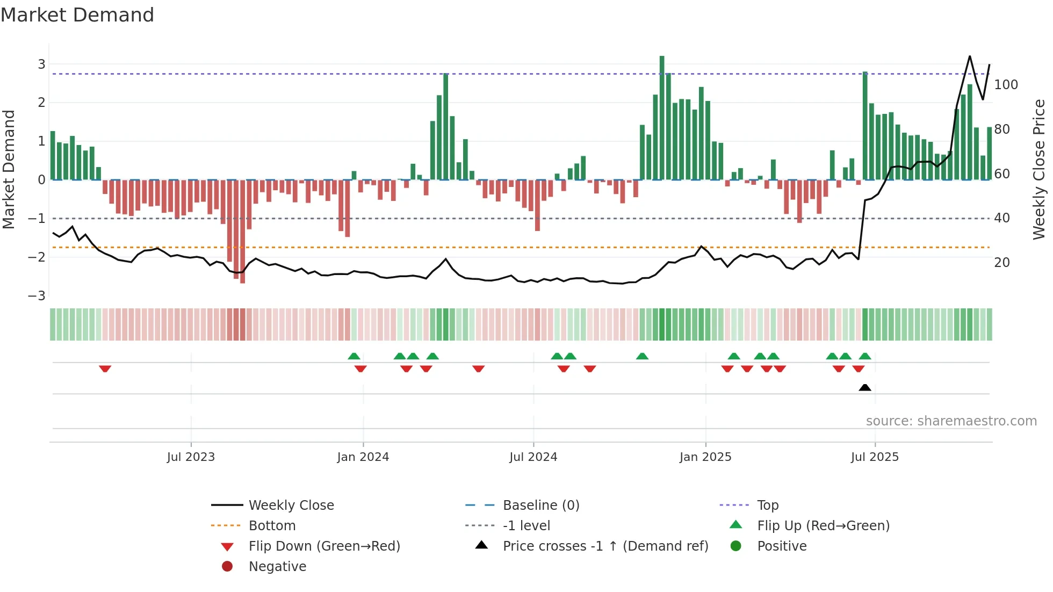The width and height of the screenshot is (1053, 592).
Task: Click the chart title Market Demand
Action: (x=77, y=15)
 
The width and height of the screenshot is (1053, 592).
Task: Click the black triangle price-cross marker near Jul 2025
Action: (x=864, y=387)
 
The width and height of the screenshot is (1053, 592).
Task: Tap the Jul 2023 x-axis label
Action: (x=191, y=457)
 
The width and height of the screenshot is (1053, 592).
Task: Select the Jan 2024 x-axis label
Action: (x=363, y=457)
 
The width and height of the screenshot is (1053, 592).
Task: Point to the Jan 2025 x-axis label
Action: (x=705, y=457)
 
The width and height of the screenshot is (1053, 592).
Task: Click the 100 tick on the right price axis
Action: (x=1006, y=85)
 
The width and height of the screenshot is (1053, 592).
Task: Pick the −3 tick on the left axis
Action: (x=37, y=295)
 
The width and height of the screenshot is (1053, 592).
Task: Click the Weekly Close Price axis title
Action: (x=1039, y=169)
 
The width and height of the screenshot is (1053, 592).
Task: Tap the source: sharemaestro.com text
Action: (x=951, y=421)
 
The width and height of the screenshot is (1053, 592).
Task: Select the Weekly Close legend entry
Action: (x=291, y=505)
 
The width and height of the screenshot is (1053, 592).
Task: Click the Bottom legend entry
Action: (x=272, y=525)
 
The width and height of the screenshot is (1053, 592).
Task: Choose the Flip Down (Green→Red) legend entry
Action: (x=324, y=546)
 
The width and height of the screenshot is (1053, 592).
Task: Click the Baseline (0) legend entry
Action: (x=540, y=505)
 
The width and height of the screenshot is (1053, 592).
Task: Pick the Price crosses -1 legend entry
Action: (x=605, y=546)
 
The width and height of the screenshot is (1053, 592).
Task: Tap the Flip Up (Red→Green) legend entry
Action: (x=823, y=525)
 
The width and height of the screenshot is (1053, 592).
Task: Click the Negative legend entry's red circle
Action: (x=227, y=566)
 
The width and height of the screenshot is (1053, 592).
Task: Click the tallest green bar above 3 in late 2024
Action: (x=662, y=117)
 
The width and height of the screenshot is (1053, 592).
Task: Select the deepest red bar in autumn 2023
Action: (x=242, y=231)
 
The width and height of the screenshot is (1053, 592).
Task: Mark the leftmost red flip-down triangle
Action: (x=105, y=369)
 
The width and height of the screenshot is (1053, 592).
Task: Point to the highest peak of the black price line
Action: (x=970, y=56)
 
